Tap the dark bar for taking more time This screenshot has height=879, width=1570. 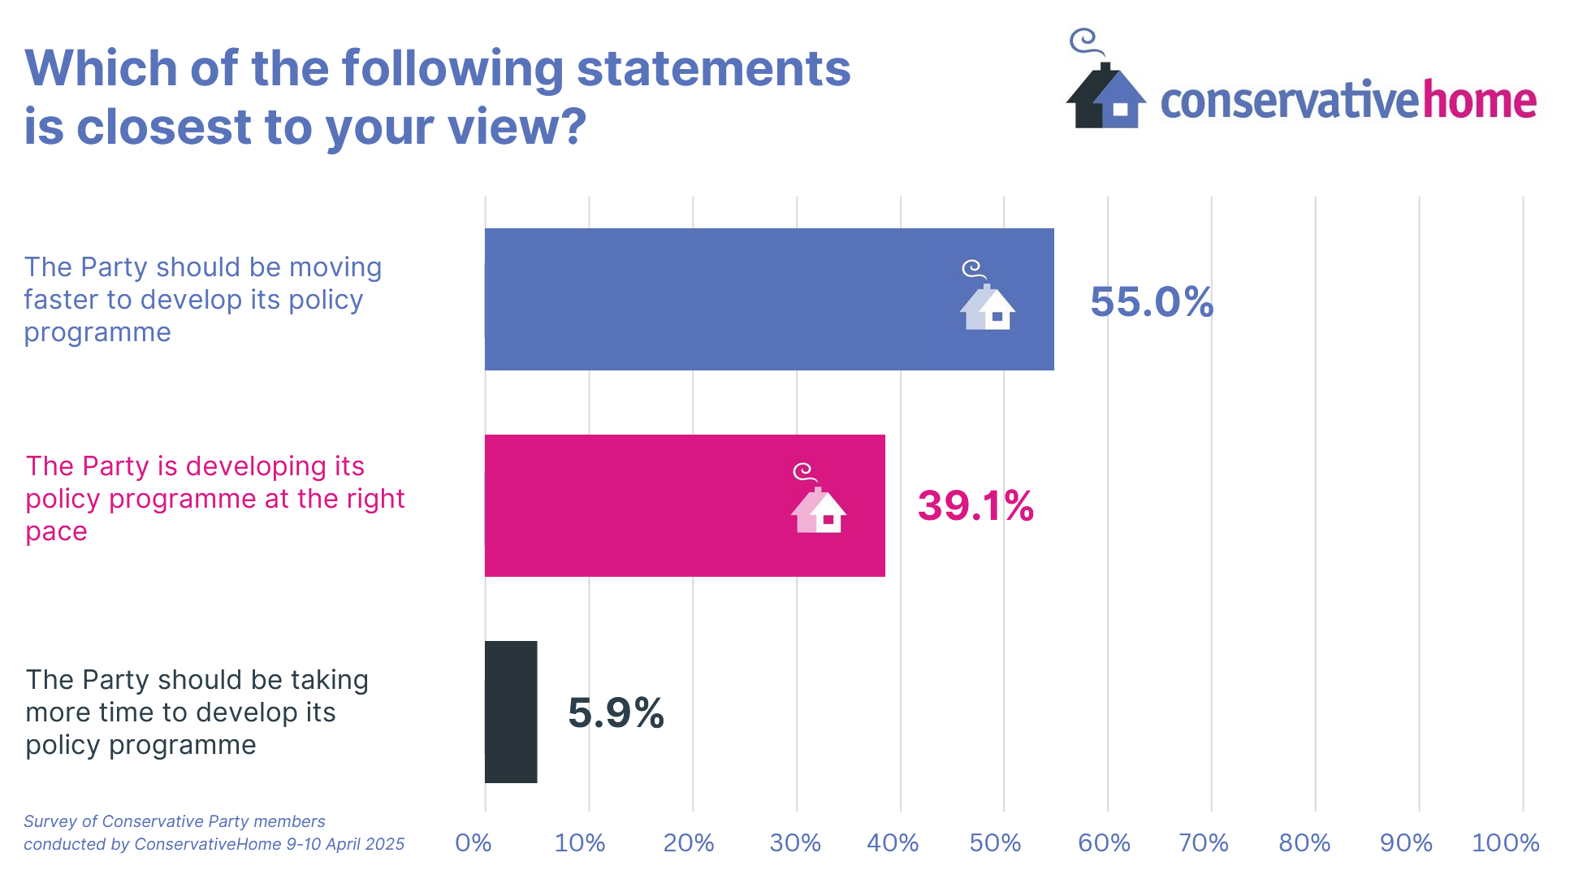point(511,712)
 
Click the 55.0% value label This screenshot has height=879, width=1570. point(1151,302)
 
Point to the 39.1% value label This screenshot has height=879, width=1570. point(975,506)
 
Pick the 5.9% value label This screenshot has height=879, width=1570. point(616,713)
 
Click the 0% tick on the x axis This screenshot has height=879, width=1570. point(474,843)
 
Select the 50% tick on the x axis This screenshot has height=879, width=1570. point(995,843)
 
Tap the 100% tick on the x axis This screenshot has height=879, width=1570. point(1505,843)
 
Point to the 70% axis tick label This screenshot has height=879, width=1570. point(1203,843)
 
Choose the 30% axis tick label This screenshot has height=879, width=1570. point(795,843)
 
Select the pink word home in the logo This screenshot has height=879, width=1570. point(1479,102)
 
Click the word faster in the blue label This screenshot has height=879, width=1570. point(60,300)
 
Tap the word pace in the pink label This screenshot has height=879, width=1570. point(56,532)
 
